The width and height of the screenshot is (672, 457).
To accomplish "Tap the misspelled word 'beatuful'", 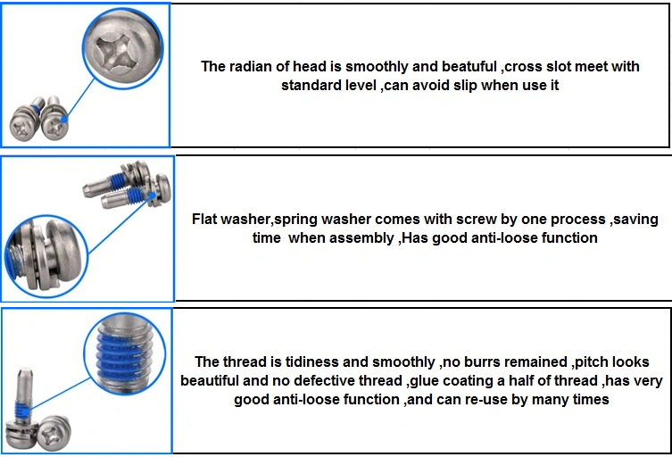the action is click(x=469, y=66).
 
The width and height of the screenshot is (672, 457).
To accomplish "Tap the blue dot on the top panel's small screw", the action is click(x=64, y=120).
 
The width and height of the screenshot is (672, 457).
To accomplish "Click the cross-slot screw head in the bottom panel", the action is click(x=54, y=433).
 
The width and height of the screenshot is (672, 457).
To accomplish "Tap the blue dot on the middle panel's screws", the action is click(x=152, y=195).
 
